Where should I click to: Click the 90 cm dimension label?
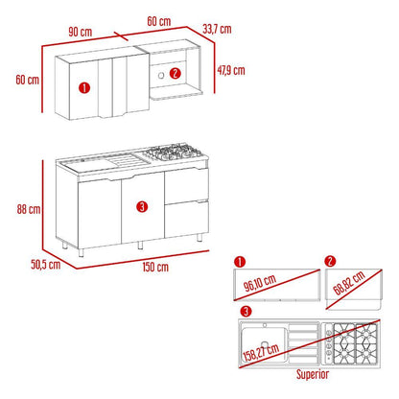(81, 32)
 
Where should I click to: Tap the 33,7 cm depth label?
(217, 29)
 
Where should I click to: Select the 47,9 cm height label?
(231, 70)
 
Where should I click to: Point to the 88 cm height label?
(29, 209)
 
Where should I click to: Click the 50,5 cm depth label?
(46, 265)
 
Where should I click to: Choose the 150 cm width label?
(155, 267)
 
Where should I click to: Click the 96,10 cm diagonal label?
(260, 283)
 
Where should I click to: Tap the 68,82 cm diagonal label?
(349, 283)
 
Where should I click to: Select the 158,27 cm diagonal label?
(261, 352)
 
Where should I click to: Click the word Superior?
(313, 374)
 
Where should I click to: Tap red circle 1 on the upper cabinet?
(84, 87)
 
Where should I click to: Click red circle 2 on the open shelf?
(176, 74)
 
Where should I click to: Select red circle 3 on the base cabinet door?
(142, 206)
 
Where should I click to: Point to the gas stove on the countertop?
(173, 152)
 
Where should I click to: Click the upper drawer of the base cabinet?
(186, 185)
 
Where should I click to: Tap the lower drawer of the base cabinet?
(187, 219)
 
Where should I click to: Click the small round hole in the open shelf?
(161, 76)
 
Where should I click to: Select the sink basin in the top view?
(264, 344)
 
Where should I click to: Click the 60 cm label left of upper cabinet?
(28, 80)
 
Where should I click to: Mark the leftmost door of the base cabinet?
(100, 214)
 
